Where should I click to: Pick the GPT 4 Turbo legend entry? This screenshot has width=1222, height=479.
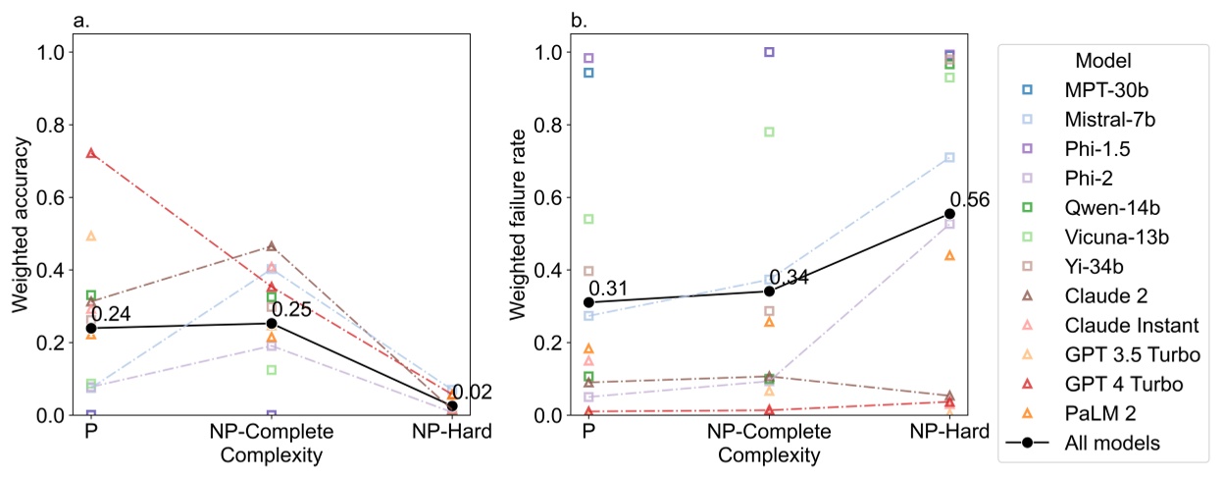[x=1111, y=384]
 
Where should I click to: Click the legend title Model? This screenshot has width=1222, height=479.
[x=1098, y=60]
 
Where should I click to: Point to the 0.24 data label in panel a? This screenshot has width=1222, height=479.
[x=112, y=315]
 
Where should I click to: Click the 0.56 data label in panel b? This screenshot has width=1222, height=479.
[x=969, y=201]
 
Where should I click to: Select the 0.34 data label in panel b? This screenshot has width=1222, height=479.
[x=789, y=278]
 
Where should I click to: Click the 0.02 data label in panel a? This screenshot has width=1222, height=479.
[x=472, y=393]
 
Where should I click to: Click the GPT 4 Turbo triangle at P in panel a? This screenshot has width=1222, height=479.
[x=91, y=153]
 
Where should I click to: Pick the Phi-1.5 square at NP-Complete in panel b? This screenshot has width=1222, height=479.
[x=769, y=52]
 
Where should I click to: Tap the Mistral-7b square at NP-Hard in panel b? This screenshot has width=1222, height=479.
[x=949, y=157]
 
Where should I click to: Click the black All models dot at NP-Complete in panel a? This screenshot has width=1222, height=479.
[x=272, y=323]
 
